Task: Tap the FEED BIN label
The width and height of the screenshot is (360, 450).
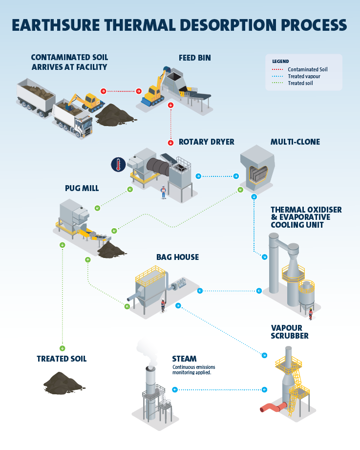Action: tap(195, 58)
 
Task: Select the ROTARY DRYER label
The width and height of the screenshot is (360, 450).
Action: tap(206, 142)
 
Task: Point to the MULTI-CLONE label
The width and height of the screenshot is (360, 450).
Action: tap(295, 142)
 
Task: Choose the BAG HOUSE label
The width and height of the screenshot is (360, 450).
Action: tap(177, 257)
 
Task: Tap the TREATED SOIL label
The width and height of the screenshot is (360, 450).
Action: tap(62, 359)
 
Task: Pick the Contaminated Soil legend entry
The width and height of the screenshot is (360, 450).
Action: tap(307, 69)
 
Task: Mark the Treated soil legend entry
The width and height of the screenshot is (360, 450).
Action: tap(301, 83)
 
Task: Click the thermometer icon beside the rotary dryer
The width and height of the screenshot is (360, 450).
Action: tap(117, 164)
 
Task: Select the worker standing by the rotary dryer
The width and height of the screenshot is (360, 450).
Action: tap(164, 192)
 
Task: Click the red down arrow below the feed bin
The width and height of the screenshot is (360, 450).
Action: tap(170, 105)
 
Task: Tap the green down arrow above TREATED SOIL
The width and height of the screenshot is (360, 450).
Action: tap(63, 348)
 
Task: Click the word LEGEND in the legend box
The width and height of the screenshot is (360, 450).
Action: tap(280, 62)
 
